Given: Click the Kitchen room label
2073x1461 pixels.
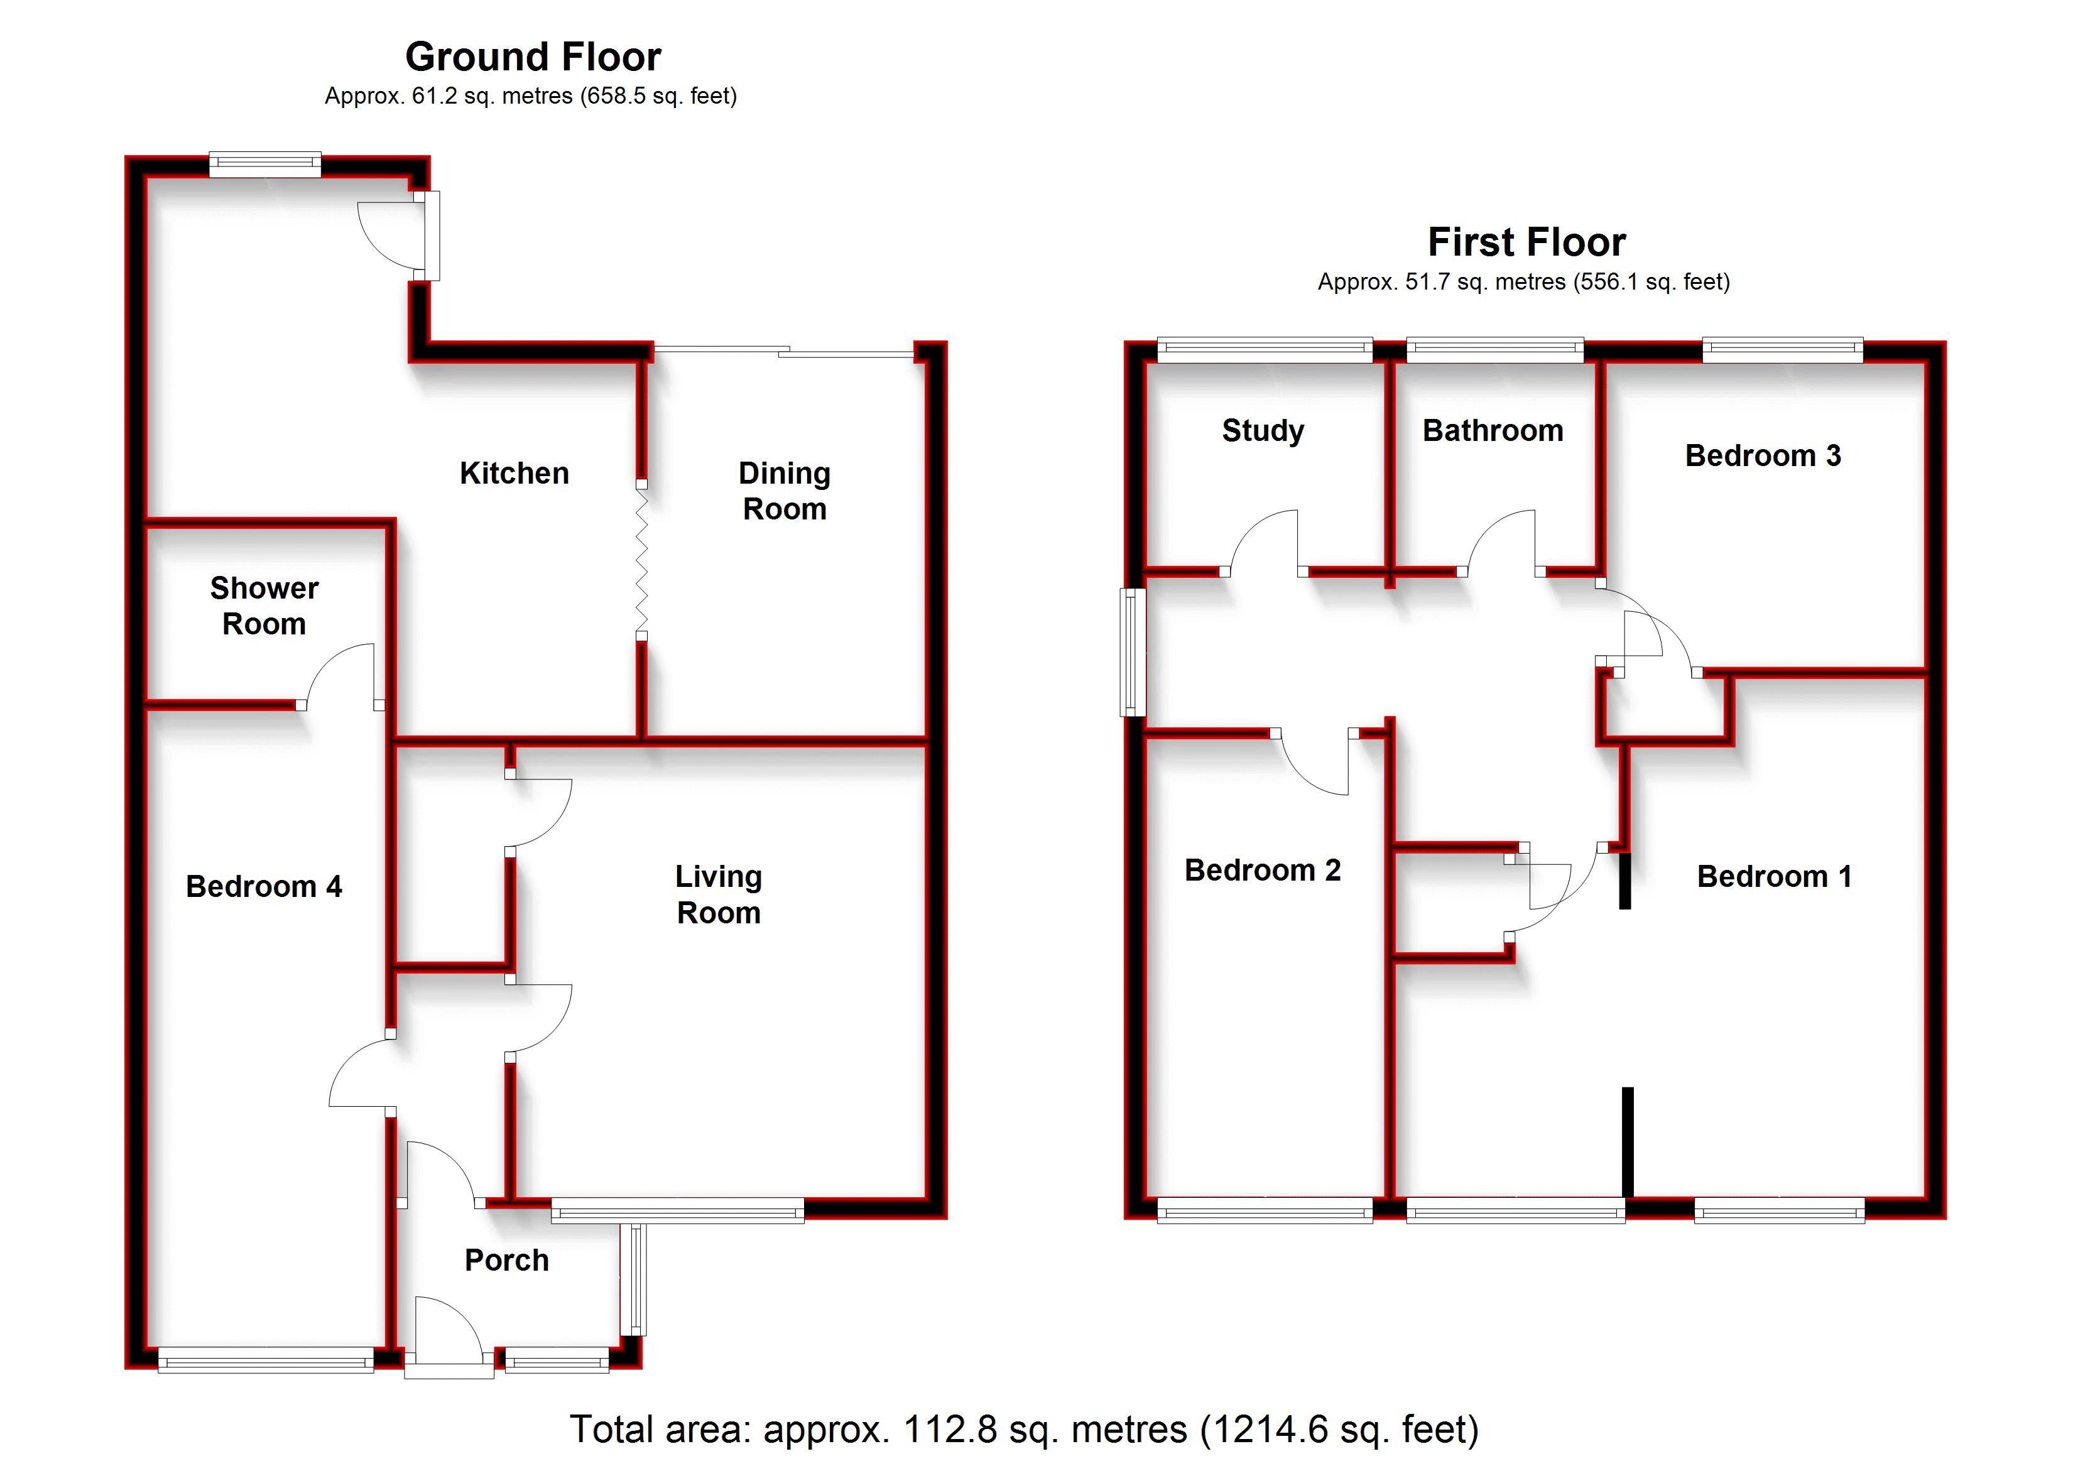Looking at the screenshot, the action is [x=514, y=473].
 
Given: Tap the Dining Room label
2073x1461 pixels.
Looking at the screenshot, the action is [x=784, y=491].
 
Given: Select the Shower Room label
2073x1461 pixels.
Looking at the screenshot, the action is [x=264, y=606].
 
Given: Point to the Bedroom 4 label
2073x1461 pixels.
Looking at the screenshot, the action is [x=264, y=887].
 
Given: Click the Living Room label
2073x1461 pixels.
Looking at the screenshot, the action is [x=719, y=895].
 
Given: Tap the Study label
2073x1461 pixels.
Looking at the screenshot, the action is [x=1262, y=431].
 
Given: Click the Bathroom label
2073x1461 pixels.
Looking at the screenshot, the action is [x=1493, y=431].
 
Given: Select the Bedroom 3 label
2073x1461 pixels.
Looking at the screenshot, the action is [x=1763, y=455].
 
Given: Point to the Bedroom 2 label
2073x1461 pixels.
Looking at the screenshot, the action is [x=1262, y=871].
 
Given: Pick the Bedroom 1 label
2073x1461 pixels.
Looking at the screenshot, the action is [x=1774, y=877].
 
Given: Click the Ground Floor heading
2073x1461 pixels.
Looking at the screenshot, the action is [x=533, y=57].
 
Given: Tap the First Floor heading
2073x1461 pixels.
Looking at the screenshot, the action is [x=1526, y=242].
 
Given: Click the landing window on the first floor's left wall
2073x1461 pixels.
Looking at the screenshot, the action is [x=1133, y=652].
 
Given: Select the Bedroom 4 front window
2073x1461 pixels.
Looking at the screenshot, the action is [x=266, y=1360].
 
